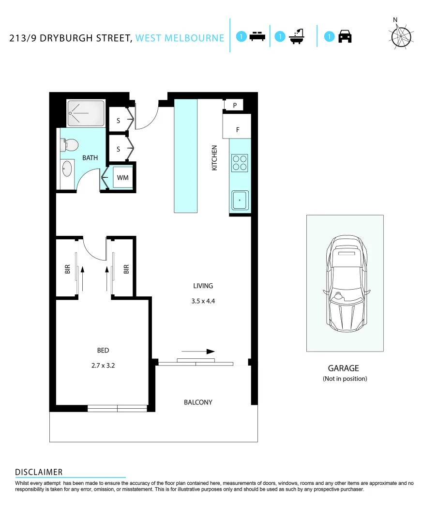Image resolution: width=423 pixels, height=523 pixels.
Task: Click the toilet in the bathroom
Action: tap(70, 145)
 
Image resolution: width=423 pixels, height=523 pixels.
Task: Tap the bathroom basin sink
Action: tap(67, 170)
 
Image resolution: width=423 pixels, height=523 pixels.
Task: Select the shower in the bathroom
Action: tap(86, 114)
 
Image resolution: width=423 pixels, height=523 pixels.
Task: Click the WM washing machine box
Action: tap(123, 178)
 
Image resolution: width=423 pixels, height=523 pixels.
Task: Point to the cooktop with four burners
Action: tap(239, 163)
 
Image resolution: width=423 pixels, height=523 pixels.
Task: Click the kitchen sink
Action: tap(240, 200)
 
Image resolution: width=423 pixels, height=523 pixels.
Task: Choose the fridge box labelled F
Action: tap(237, 130)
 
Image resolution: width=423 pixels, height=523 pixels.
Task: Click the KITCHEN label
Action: tap(214, 158)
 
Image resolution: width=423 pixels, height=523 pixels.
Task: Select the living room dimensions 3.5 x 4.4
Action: tap(203, 301)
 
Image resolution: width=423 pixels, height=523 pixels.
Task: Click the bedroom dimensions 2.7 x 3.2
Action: tap(103, 366)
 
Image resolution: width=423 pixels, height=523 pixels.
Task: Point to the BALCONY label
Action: tap(198, 402)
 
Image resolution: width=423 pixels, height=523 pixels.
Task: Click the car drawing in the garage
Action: tap(345, 283)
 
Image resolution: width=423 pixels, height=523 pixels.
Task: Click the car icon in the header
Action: tap(345, 37)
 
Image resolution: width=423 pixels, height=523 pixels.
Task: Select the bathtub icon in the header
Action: tap(296, 37)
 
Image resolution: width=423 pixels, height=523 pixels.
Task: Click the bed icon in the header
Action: tap(257, 37)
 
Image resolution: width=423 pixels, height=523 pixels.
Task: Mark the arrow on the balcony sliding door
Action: tap(198, 352)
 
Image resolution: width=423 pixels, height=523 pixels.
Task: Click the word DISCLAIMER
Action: tap(39, 472)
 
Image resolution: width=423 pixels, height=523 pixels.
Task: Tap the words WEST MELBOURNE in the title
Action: tap(180, 38)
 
